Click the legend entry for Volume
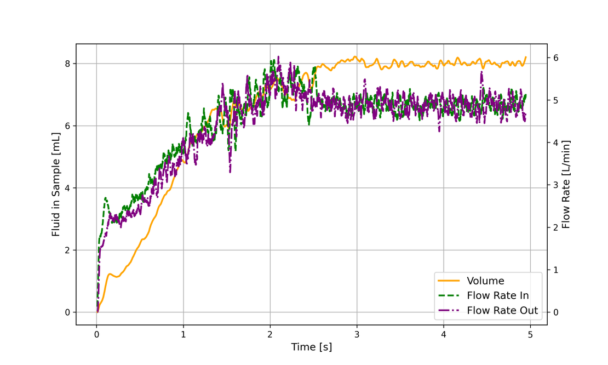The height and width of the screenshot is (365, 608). [485, 281]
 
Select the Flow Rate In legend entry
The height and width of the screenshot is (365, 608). [497, 296]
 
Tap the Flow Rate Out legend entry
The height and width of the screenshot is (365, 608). [502, 311]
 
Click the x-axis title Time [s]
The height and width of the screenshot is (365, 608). [311, 347]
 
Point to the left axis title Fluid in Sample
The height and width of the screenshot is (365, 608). [56, 184]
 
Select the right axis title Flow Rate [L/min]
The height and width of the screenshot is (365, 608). [566, 184]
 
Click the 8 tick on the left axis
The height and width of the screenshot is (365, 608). [68, 64]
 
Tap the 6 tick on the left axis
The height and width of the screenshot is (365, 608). [68, 126]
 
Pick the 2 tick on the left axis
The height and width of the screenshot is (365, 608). [68, 250]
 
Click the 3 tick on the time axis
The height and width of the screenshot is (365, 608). [357, 333]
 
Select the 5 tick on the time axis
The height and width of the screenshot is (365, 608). [530, 333]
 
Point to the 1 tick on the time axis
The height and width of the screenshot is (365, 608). [183, 333]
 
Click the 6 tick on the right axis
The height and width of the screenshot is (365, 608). [555, 58]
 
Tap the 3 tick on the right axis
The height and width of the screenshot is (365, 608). [555, 185]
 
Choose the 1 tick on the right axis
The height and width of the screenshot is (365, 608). [555, 270]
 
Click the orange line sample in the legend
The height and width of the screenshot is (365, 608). [449, 281]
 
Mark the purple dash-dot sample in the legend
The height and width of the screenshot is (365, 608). [449, 311]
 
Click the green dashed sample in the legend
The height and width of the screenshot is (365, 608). [449, 296]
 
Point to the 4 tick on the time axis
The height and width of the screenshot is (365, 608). [444, 333]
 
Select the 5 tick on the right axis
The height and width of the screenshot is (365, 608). [555, 100]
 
